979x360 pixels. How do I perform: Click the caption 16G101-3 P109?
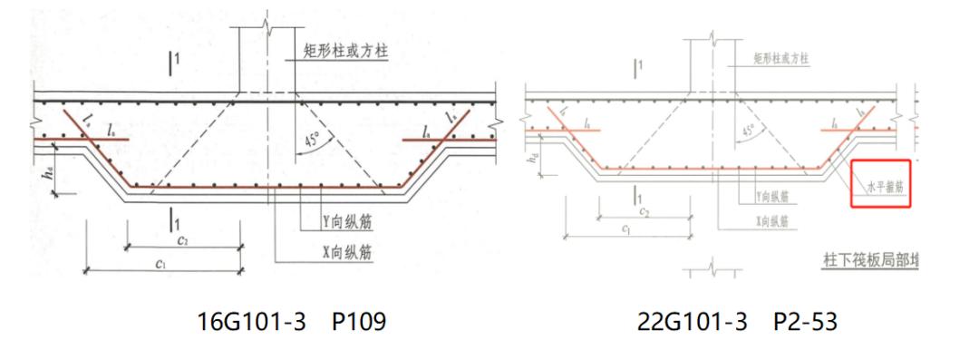click(292, 322)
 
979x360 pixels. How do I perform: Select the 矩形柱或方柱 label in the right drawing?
click(781, 59)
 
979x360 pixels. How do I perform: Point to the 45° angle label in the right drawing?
click(749, 130)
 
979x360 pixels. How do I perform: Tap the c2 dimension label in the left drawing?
click(182, 240)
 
